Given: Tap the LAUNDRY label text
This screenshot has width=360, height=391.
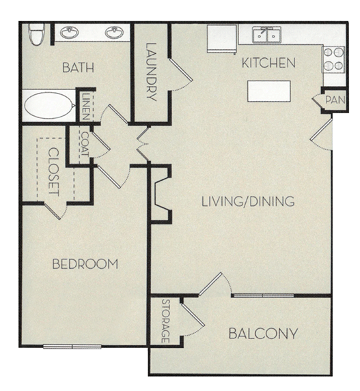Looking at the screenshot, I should tap(151, 73).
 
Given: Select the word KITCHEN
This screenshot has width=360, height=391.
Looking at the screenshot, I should tap(268, 63).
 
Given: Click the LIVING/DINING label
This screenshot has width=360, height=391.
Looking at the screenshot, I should tap(247, 201).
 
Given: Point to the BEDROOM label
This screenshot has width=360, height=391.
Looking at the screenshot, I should tap(85, 264).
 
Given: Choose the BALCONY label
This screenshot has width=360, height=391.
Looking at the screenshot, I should tap(263, 334).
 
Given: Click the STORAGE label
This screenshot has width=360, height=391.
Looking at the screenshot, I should tap(165, 321).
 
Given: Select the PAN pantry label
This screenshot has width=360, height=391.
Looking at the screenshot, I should tap(334, 100).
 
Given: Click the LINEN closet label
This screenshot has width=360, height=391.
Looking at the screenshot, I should tap(85, 106).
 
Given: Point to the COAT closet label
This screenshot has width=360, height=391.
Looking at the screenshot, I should tap(85, 145).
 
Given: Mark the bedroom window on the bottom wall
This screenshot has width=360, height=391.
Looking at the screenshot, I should tap(72, 346).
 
